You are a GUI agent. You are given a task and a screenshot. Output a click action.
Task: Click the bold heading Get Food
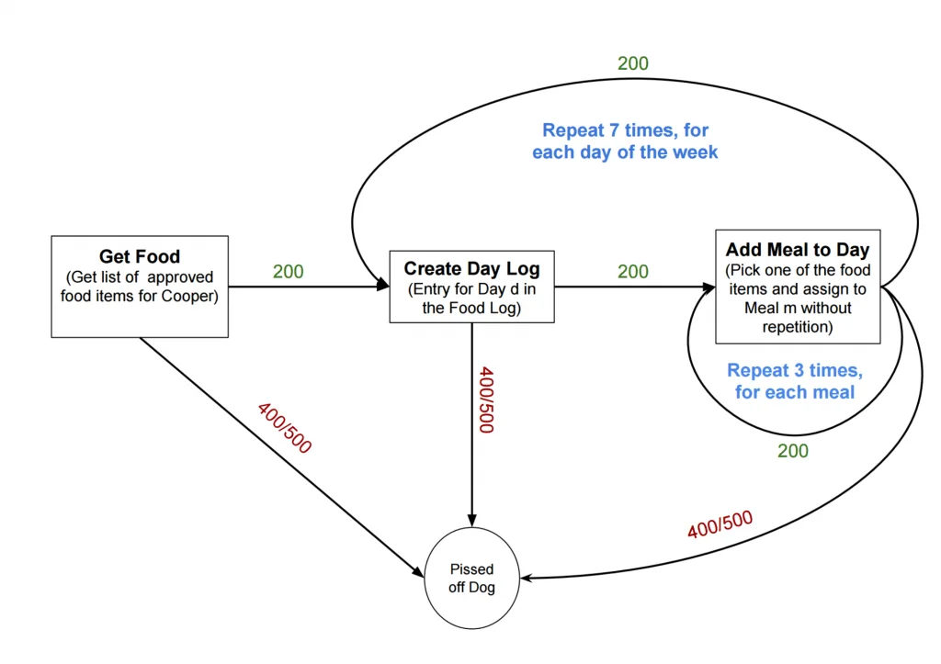point(140,256)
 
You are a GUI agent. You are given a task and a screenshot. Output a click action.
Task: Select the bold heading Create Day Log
point(471,268)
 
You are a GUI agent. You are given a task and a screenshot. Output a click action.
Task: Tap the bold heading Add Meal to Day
point(797,249)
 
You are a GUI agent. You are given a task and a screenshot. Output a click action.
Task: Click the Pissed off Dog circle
point(471,579)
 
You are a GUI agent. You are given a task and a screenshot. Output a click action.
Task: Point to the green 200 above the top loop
point(632,63)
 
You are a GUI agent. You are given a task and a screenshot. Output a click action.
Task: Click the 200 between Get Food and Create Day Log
point(288,272)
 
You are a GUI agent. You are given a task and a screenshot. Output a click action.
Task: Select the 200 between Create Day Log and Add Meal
point(632,272)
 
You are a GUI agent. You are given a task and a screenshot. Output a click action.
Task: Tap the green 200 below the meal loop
point(792,451)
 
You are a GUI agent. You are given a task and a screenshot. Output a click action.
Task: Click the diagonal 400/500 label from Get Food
point(284,428)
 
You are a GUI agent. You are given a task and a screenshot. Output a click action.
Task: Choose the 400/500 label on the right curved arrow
point(720,524)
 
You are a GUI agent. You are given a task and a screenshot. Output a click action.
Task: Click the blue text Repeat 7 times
point(625,130)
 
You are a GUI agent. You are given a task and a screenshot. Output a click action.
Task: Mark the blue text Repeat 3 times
point(794,371)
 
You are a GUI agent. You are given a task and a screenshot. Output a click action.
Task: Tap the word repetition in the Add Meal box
point(797,327)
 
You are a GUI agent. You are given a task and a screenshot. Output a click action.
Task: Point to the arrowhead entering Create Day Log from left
point(384,287)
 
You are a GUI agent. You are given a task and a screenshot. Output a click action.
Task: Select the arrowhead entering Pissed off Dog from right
point(527,579)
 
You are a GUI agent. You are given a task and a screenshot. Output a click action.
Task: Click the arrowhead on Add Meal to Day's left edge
point(710,287)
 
